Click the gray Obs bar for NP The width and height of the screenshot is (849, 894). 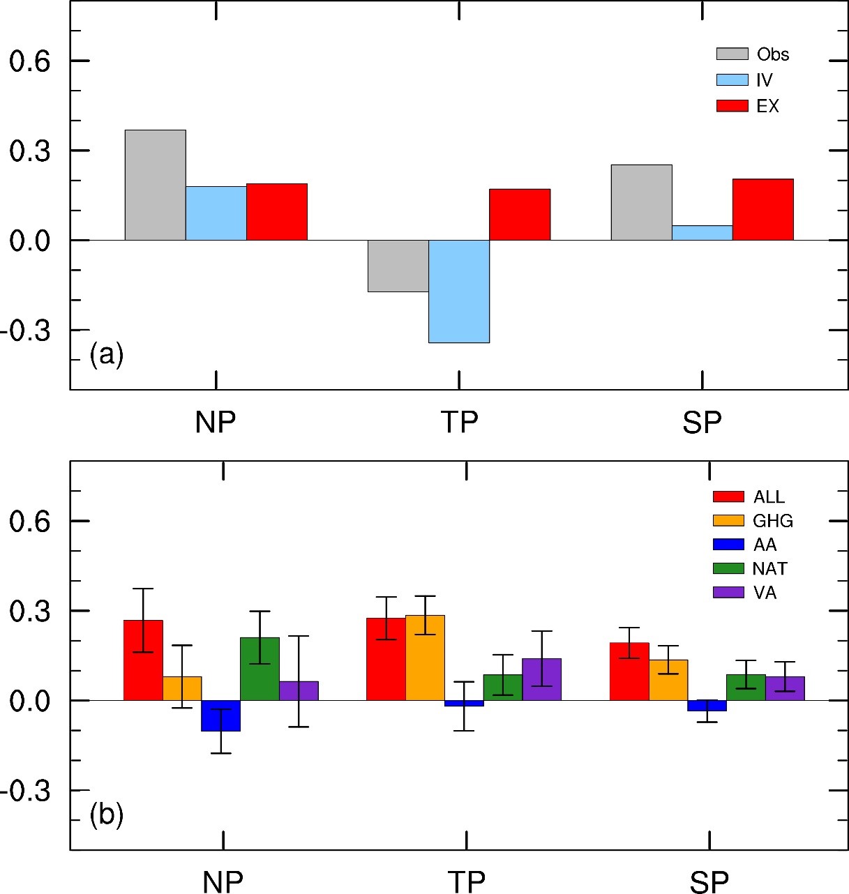click(x=155, y=185)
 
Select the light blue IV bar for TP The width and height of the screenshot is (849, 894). click(x=459, y=291)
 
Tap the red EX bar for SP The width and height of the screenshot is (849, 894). click(x=762, y=209)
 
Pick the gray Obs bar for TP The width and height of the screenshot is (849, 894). click(x=398, y=266)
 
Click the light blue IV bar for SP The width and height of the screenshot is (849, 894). click(x=702, y=233)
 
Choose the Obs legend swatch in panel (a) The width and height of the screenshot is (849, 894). click(x=732, y=54)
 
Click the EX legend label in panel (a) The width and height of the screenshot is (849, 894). click(x=767, y=106)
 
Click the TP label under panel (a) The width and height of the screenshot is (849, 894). click(x=459, y=421)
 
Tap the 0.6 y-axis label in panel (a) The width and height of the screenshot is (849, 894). click(x=30, y=61)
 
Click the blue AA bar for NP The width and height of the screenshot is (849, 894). click(x=221, y=715)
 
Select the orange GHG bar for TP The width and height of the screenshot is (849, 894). click(x=425, y=657)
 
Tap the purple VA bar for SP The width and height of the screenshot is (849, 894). click(x=785, y=688)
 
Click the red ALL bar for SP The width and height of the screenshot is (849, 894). click(x=629, y=671)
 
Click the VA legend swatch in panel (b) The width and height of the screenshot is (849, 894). click(x=728, y=593)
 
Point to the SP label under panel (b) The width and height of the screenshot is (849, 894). click(x=709, y=881)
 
